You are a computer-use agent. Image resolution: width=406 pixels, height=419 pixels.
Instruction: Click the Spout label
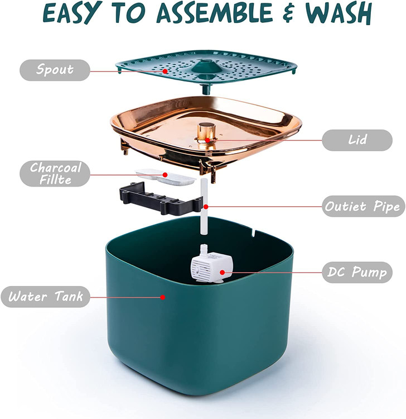(x=55, y=70)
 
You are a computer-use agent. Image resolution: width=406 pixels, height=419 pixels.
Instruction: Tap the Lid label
(x=357, y=140)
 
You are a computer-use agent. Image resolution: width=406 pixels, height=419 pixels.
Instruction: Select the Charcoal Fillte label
(x=55, y=173)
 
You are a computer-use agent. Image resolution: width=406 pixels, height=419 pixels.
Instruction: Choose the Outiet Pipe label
(x=363, y=206)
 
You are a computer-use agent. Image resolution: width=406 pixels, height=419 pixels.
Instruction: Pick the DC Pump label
(x=357, y=272)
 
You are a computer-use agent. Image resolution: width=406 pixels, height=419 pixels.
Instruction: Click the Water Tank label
(x=45, y=297)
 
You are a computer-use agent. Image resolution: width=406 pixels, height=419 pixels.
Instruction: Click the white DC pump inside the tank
(x=212, y=263)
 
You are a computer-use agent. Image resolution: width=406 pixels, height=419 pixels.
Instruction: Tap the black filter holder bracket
(x=161, y=198)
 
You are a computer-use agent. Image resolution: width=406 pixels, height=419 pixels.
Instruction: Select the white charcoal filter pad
(x=166, y=177)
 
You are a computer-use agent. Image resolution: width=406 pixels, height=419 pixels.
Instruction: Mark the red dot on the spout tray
(x=165, y=71)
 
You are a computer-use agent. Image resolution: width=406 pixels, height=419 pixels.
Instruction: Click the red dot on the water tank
(x=162, y=297)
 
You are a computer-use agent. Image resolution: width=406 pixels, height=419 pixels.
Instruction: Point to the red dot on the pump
(x=222, y=272)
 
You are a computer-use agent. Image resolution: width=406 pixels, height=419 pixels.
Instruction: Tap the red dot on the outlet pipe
(x=206, y=207)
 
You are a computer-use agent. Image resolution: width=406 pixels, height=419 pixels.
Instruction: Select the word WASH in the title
(x=339, y=13)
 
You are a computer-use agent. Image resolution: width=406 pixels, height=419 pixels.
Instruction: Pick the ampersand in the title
(x=289, y=13)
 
